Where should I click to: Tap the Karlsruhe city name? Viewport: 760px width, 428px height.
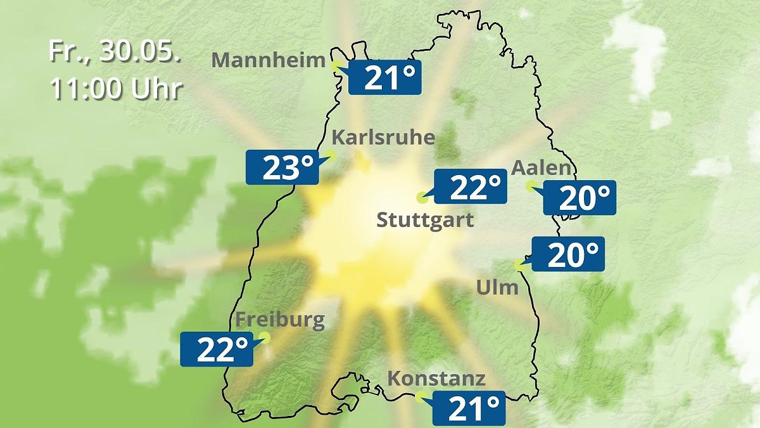tap(383, 138)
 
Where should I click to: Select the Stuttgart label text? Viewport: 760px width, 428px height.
tap(425, 221)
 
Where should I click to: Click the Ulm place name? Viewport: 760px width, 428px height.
tap(497, 287)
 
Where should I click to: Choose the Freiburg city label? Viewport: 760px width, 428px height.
tap(279, 320)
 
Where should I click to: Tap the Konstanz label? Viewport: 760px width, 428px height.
tap(436, 379)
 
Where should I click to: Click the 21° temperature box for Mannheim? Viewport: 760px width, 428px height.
tap(384, 79)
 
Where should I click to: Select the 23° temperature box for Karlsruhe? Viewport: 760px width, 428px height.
tap(282, 167)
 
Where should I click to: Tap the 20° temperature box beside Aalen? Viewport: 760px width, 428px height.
tap(579, 198)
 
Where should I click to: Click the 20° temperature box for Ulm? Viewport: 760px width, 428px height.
tap(568, 254)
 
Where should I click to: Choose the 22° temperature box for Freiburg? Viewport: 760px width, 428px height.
tap(217, 349)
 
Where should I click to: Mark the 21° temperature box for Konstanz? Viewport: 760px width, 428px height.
tap(469, 408)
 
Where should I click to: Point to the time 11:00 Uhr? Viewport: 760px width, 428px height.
tap(115, 89)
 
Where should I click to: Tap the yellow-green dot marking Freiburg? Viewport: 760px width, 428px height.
tap(265, 337)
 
